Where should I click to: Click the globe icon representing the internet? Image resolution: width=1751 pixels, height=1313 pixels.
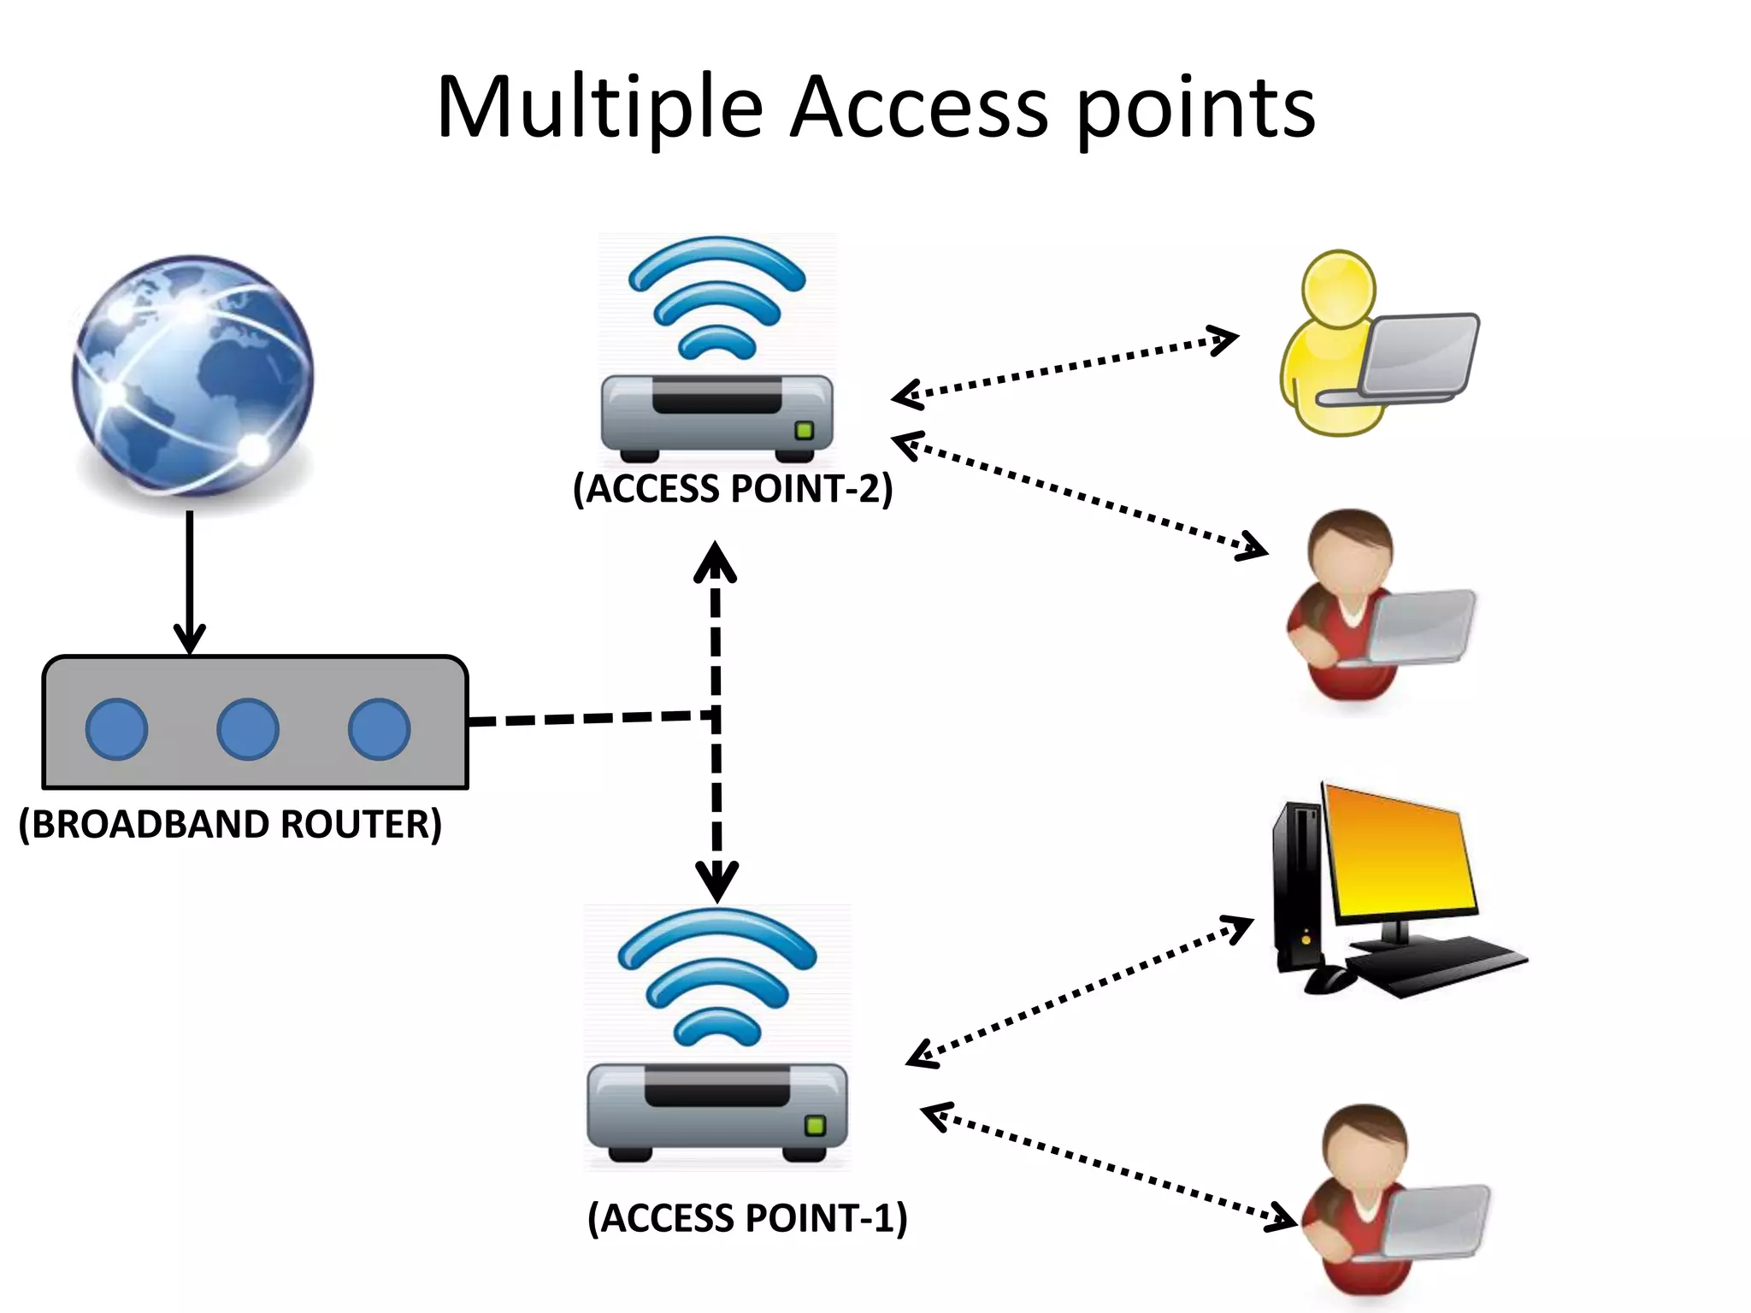pyautogui.click(x=192, y=376)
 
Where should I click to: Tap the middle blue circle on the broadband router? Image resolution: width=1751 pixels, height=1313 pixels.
pyautogui.click(x=248, y=729)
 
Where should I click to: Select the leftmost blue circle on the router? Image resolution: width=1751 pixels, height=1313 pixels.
pyautogui.click(x=117, y=729)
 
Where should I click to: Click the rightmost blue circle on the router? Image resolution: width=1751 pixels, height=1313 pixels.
pyautogui.click(x=379, y=729)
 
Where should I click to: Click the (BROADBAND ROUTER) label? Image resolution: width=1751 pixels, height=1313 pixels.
pyautogui.click(x=230, y=825)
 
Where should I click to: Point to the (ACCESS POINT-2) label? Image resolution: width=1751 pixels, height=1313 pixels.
pyautogui.click(x=733, y=489)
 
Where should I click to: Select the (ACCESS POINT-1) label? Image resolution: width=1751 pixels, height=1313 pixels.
pyautogui.click(x=747, y=1218)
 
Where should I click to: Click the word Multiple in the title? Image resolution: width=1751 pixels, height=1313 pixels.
pyautogui.click(x=599, y=108)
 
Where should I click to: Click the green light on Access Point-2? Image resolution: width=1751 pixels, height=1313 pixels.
pyautogui.click(x=804, y=430)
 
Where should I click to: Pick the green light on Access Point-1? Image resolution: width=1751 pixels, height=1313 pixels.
pyautogui.click(x=816, y=1125)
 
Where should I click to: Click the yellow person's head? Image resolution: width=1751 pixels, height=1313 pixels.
pyautogui.click(x=1338, y=288)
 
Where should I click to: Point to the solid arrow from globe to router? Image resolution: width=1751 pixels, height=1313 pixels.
pyautogui.click(x=189, y=581)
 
